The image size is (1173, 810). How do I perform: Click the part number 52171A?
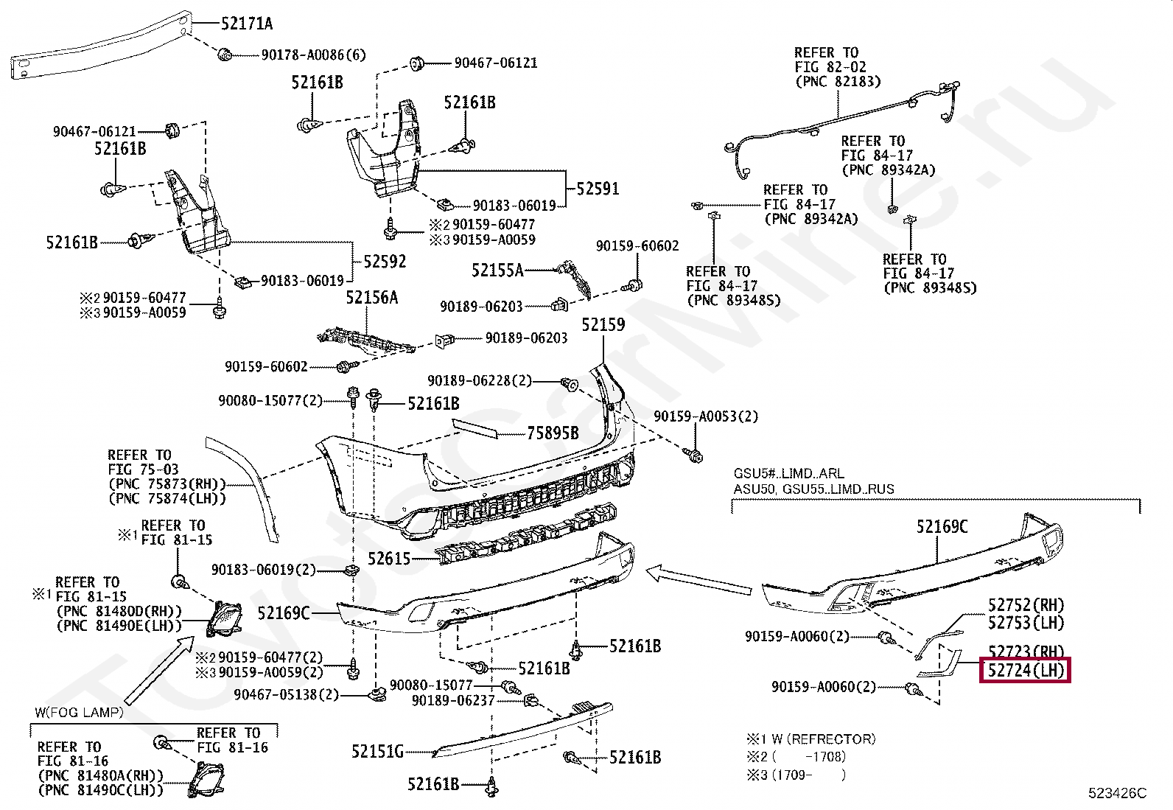point(247,24)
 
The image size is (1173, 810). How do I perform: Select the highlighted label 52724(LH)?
point(1026,670)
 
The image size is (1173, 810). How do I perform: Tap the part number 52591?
point(598,189)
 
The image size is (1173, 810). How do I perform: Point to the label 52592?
point(385,262)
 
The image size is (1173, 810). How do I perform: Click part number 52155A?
point(497,270)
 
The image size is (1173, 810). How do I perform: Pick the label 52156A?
point(372,298)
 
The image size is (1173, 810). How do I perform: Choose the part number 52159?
point(603,325)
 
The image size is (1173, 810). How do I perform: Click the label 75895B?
point(553,433)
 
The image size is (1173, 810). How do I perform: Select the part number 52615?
point(389,559)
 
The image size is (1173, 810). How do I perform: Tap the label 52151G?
point(377,752)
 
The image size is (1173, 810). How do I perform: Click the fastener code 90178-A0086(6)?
point(314,55)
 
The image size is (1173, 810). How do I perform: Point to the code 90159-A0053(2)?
point(706,416)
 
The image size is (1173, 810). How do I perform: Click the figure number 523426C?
point(1118,793)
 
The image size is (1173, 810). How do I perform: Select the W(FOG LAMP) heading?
point(79,713)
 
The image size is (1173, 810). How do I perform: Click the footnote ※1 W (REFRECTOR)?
point(811,739)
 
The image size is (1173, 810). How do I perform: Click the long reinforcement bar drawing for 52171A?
point(102,46)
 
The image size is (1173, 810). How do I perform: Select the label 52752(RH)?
point(1026,606)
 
